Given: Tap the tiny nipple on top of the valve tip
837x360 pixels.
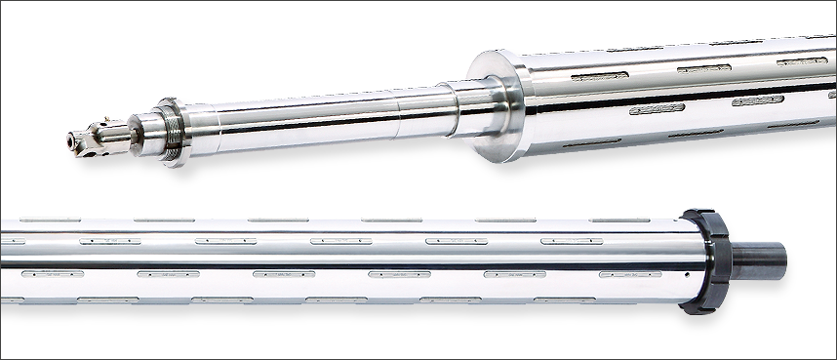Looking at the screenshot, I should [x=97, y=126].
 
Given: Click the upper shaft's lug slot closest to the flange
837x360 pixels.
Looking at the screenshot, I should [x=599, y=75].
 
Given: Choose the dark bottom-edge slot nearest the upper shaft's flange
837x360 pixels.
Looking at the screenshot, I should [x=585, y=142].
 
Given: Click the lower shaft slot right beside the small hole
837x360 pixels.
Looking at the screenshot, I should [x=629, y=275].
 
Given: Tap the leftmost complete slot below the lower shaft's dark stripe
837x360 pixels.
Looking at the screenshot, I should [x=53, y=275].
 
